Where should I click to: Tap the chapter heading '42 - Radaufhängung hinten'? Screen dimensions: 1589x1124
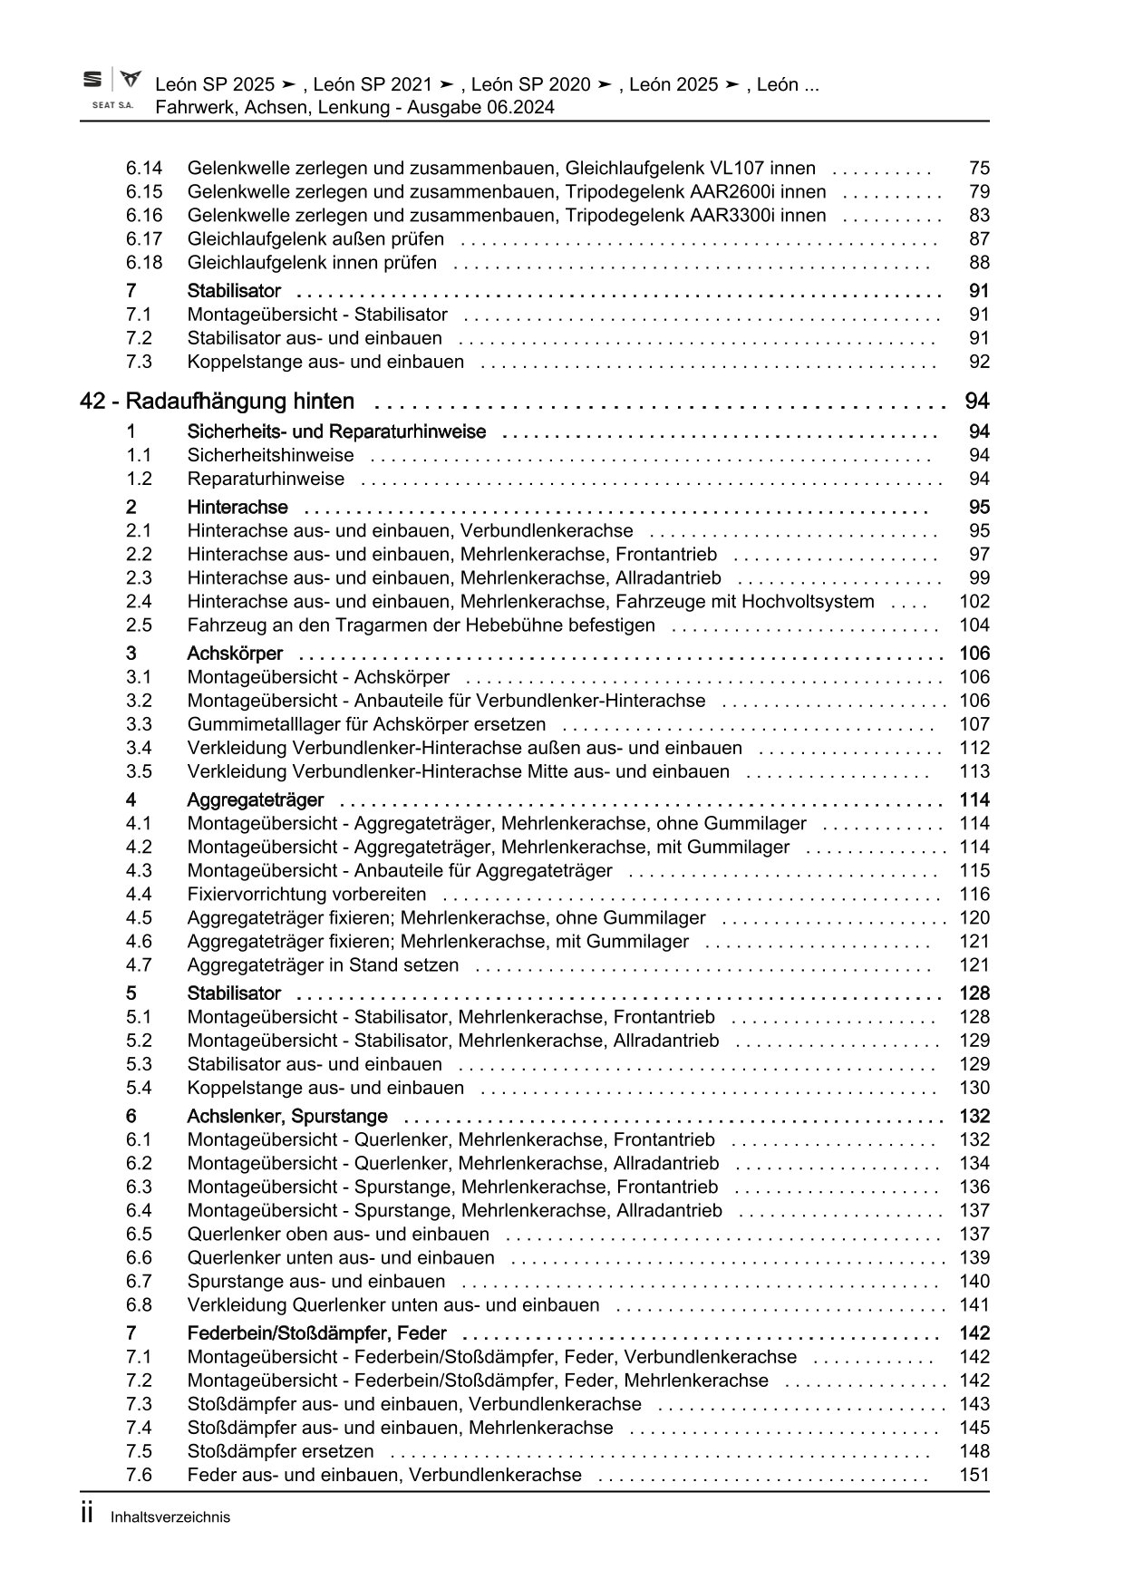click(x=218, y=402)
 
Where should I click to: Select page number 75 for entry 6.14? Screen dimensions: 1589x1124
click(x=979, y=168)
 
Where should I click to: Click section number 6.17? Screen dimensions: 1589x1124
click(x=144, y=238)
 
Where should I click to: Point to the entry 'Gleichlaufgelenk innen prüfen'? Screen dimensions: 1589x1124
click(x=312, y=263)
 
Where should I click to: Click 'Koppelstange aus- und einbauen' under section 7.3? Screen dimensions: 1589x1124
click(x=325, y=362)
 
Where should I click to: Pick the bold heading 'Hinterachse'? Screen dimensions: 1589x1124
click(x=237, y=507)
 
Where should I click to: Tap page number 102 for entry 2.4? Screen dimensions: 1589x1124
click(x=974, y=601)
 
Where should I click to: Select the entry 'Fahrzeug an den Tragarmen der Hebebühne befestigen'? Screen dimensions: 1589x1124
click(x=421, y=625)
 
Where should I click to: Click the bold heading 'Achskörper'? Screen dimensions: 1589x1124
click(x=235, y=654)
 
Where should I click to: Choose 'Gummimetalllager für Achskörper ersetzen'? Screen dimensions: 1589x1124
click(x=366, y=724)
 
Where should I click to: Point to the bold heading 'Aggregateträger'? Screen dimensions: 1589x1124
click(x=255, y=799)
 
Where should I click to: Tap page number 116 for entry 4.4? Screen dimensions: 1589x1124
click(x=974, y=894)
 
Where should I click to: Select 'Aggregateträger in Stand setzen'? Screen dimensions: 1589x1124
click(x=323, y=964)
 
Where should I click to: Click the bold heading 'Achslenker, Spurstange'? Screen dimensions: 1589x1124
click(x=286, y=1116)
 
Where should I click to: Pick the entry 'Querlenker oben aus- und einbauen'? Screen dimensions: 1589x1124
click(x=338, y=1234)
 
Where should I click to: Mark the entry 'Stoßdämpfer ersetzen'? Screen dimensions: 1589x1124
click(x=280, y=1451)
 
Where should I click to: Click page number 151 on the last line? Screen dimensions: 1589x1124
click(x=974, y=1475)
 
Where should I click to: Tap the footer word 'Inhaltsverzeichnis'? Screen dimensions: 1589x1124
click(x=170, y=1517)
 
